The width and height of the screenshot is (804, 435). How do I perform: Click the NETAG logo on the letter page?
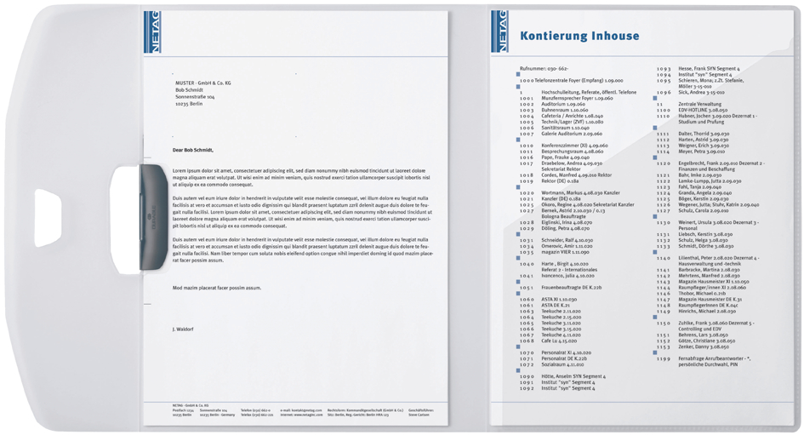pos(151,31)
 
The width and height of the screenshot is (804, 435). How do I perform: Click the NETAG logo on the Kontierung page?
pos(499,31)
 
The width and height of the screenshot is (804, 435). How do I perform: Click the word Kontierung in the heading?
pos(556,36)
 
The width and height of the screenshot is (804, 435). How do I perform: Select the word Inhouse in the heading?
pos(617,36)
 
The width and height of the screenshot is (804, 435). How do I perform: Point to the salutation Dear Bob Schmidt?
pos(193,150)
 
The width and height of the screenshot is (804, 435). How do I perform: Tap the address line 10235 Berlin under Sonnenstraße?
pos(191,103)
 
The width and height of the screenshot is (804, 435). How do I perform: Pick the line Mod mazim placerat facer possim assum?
pos(216,288)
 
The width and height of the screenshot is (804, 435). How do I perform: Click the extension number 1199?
pos(664,358)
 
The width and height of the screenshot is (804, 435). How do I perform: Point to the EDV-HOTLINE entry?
pos(703,110)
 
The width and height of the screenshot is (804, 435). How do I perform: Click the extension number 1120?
pos(664,163)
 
